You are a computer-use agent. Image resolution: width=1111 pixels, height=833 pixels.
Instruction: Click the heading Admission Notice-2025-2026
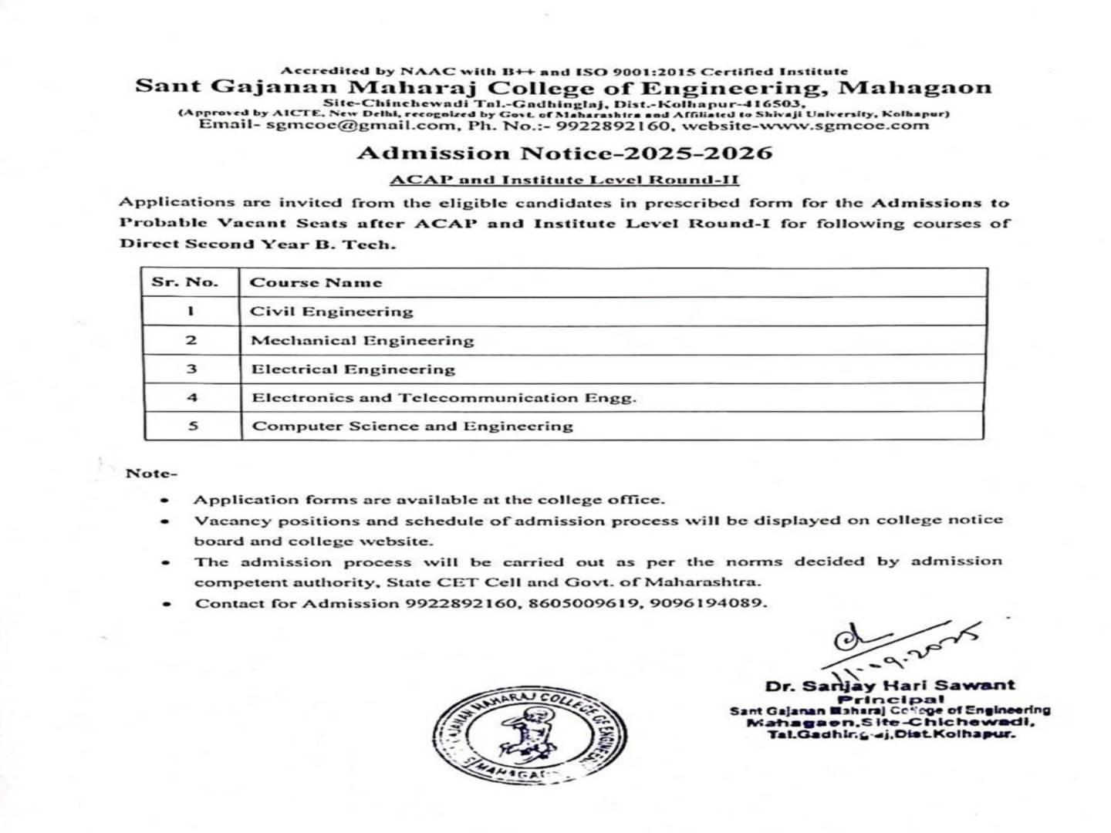point(564,153)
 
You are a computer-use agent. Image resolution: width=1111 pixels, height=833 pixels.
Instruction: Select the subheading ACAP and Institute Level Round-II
point(564,180)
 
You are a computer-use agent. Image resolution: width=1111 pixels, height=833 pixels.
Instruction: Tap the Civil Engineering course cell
point(332,312)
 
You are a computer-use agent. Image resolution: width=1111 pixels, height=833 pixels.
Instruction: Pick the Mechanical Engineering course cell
point(363,340)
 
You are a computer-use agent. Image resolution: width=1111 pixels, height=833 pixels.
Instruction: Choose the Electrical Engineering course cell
point(353,369)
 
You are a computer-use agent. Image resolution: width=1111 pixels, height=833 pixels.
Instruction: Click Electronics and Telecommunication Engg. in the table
point(444,398)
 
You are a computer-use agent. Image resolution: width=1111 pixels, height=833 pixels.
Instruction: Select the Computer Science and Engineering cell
point(413,426)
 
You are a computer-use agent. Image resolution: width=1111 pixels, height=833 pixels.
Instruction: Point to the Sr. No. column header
point(185,282)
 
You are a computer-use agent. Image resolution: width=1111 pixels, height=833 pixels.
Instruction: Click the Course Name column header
point(316,282)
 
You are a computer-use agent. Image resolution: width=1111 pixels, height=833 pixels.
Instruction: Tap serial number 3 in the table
point(192,369)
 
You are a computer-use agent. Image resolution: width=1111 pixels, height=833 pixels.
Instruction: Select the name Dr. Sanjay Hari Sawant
point(890,685)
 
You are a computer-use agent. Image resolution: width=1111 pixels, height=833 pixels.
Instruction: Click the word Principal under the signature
point(890,698)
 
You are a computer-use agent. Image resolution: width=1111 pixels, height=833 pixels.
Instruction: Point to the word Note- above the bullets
point(151,473)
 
